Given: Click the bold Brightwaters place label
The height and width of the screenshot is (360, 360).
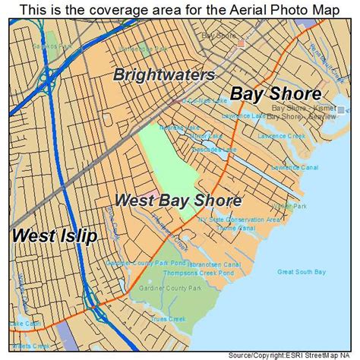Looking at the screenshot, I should [x=164, y=74].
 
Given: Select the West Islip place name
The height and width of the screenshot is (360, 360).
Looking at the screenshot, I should [x=55, y=235].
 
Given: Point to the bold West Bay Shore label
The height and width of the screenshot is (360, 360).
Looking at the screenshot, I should [x=178, y=201].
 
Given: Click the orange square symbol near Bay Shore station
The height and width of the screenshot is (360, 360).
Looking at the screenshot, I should [x=242, y=43].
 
